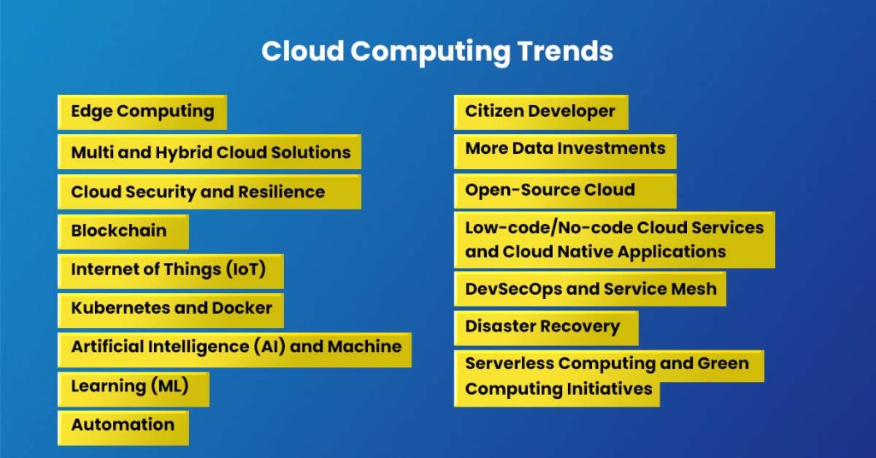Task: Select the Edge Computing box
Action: click(x=142, y=112)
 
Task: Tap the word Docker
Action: click(x=241, y=308)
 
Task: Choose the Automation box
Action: click(x=123, y=426)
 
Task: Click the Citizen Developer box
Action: click(x=541, y=112)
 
